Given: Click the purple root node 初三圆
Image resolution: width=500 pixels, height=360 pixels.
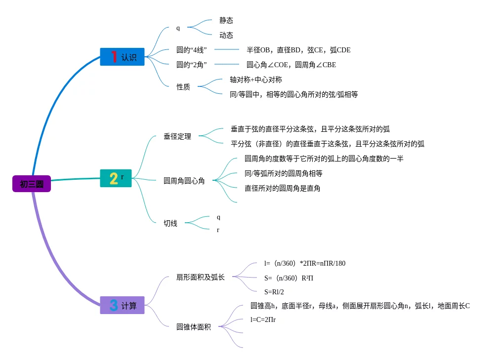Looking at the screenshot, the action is (32, 184).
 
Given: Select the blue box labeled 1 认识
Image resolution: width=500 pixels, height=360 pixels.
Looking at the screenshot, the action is (122, 57).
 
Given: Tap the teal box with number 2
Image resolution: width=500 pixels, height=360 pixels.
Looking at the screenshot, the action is (116, 178).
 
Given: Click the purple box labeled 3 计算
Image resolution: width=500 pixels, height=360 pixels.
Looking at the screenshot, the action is (122, 305).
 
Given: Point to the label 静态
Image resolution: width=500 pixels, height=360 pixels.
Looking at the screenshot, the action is (226, 20).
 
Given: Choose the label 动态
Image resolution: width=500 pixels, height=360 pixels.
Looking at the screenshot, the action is (226, 35).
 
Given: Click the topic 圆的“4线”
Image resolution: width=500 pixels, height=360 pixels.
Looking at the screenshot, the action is (191, 50).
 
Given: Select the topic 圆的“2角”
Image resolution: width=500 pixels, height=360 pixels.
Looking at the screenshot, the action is (191, 65).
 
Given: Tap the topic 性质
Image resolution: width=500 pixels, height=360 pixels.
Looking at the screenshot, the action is (183, 86).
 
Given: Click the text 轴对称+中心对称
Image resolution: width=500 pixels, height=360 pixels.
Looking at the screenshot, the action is (256, 80).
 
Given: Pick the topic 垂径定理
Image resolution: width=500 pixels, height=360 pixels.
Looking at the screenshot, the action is (177, 136).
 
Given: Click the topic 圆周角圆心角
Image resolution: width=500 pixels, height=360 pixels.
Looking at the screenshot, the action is (184, 181).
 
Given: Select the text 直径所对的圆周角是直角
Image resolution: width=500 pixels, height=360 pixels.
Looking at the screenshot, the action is (282, 188).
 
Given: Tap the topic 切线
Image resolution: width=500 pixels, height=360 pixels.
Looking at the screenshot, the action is (170, 223).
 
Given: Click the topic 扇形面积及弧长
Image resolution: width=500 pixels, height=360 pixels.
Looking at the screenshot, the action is (200, 277).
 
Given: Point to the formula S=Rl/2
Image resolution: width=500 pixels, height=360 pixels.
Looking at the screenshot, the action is (274, 292).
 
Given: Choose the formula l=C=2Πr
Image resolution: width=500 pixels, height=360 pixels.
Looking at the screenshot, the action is (263, 320).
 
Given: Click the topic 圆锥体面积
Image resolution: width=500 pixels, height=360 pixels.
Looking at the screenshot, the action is (194, 327).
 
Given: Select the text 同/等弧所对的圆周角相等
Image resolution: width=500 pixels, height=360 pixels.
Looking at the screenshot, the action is (283, 173).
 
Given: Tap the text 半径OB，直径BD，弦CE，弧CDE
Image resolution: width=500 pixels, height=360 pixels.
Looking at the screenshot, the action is (298, 50).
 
